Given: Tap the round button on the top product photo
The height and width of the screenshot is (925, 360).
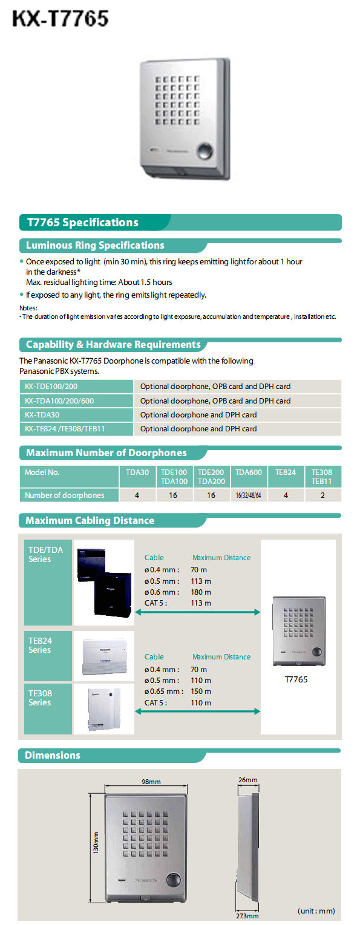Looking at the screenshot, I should click(x=206, y=151).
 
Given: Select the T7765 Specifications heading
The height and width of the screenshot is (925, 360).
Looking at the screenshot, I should click(x=82, y=223).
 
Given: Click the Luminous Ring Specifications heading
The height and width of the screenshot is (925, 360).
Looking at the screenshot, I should click(x=95, y=246).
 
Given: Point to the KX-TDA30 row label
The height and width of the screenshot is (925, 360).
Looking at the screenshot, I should click(x=42, y=415).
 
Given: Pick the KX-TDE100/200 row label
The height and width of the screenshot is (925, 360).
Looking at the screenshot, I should click(x=51, y=387).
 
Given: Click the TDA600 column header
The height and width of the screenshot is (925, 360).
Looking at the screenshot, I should click(x=249, y=472).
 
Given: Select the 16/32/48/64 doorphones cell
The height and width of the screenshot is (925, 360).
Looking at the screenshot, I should click(x=249, y=495).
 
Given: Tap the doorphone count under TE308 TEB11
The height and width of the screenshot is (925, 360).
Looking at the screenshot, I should click(x=322, y=495).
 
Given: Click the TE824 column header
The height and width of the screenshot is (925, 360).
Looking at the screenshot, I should click(x=286, y=472).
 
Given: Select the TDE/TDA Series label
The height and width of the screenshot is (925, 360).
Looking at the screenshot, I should click(x=45, y=554).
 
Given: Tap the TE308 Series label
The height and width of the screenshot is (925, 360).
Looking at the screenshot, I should click(x=39, y=698).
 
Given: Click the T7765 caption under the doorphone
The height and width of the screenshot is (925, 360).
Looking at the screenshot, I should click(x=296, y=679).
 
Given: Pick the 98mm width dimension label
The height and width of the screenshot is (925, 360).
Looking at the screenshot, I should click(x=151, y=782).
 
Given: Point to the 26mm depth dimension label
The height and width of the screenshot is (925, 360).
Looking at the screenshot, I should click(x=249, y=780).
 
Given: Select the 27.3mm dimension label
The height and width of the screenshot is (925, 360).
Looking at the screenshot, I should click(x=248, y=916).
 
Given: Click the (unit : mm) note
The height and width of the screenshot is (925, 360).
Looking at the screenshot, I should click(x=316, y=910).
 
